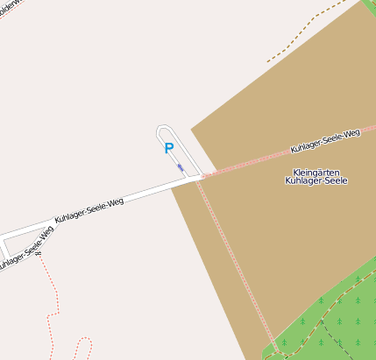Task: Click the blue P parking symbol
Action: click(x=168, y=149)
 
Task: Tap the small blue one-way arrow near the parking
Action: click(x=181, y=166)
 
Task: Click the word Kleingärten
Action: click(x=316, y=172)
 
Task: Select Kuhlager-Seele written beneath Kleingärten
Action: click(x=316, y=181)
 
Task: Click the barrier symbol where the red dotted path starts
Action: click(x=39, y=254)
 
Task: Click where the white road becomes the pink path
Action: click(x=202, y=176)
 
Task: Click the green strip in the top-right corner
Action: click(x=370, y=7)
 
